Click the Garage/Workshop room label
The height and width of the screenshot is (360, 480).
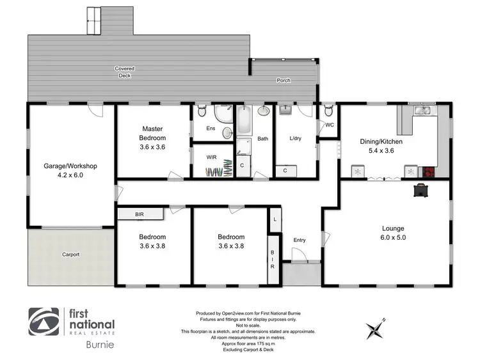coord(70,166)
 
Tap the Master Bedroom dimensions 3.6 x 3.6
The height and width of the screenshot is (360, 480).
coord(154,146)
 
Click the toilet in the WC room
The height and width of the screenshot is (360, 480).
coord(328,110)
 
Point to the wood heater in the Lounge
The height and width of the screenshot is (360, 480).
coord(422,191)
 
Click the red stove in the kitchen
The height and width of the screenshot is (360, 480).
coord(427,171)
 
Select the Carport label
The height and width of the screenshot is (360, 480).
coord(70,254)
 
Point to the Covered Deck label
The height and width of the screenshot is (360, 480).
coord(125,72)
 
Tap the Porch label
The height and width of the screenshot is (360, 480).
coord(284,81)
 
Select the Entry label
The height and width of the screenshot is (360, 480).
coord(300,240)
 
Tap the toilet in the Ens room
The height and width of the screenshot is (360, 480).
coord(202,111)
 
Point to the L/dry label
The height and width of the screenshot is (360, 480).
coord(296,138)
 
